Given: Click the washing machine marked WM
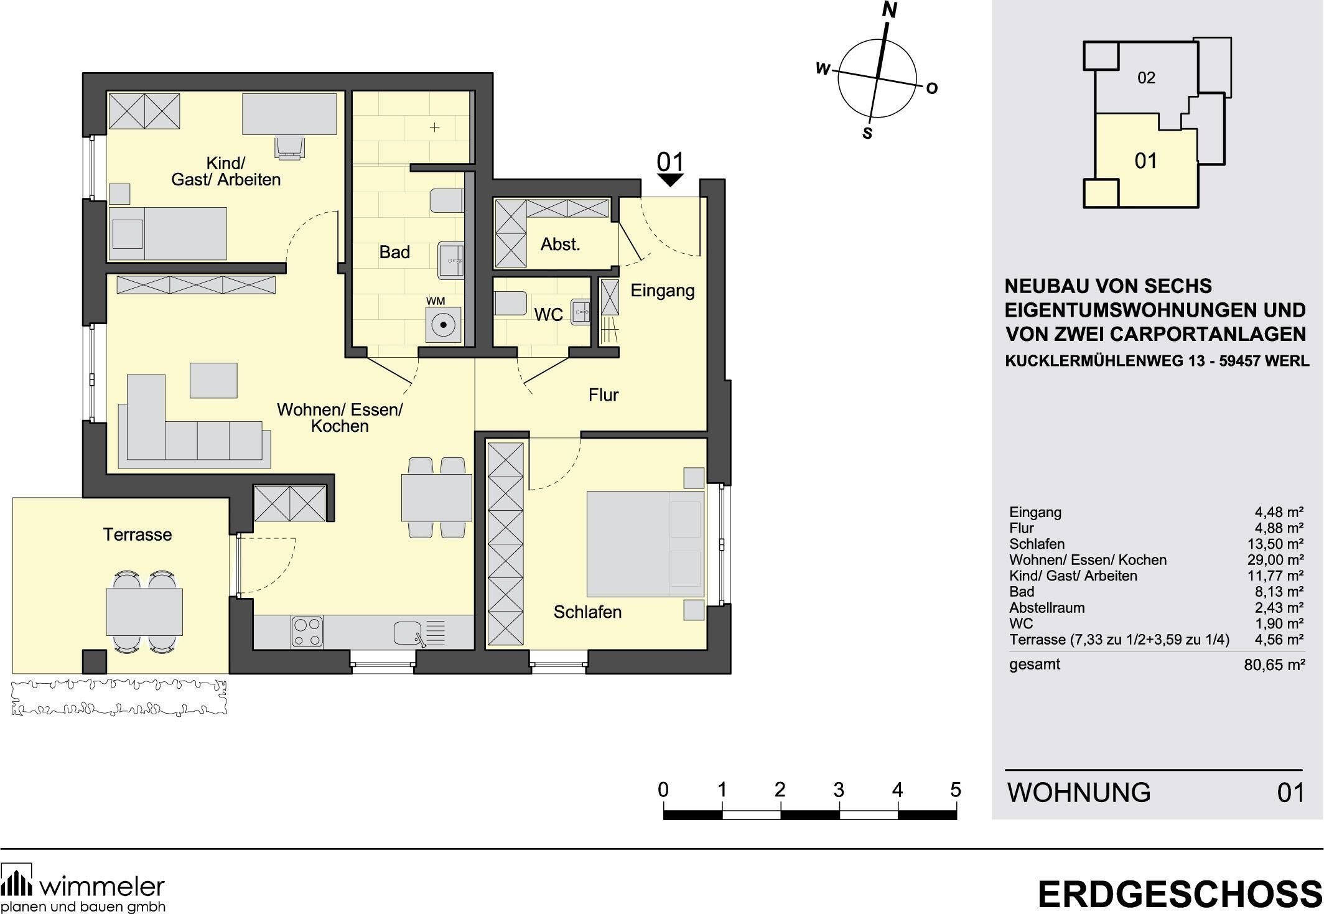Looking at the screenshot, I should (443, 324).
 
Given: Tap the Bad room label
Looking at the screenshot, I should (394, 253).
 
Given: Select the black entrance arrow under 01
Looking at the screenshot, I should (670, 180).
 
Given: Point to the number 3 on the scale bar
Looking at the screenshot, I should (839, 790).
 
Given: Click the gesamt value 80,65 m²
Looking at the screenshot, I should (1274, 665).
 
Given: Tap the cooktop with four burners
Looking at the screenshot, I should (307, 632).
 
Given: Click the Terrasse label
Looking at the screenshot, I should (138, 534).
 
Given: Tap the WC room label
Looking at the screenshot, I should (548, 315).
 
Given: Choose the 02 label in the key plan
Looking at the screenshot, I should (1146, 78).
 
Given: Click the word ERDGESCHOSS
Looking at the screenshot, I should (1180, 895).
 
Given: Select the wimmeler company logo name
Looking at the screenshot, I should (101, 885).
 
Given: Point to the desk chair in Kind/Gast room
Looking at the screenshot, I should (290, 147).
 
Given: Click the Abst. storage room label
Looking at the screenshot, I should (560, 245).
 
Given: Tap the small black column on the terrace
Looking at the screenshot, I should (94, 661).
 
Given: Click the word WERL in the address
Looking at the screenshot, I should (1286, 361).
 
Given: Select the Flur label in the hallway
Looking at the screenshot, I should (603, 395).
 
